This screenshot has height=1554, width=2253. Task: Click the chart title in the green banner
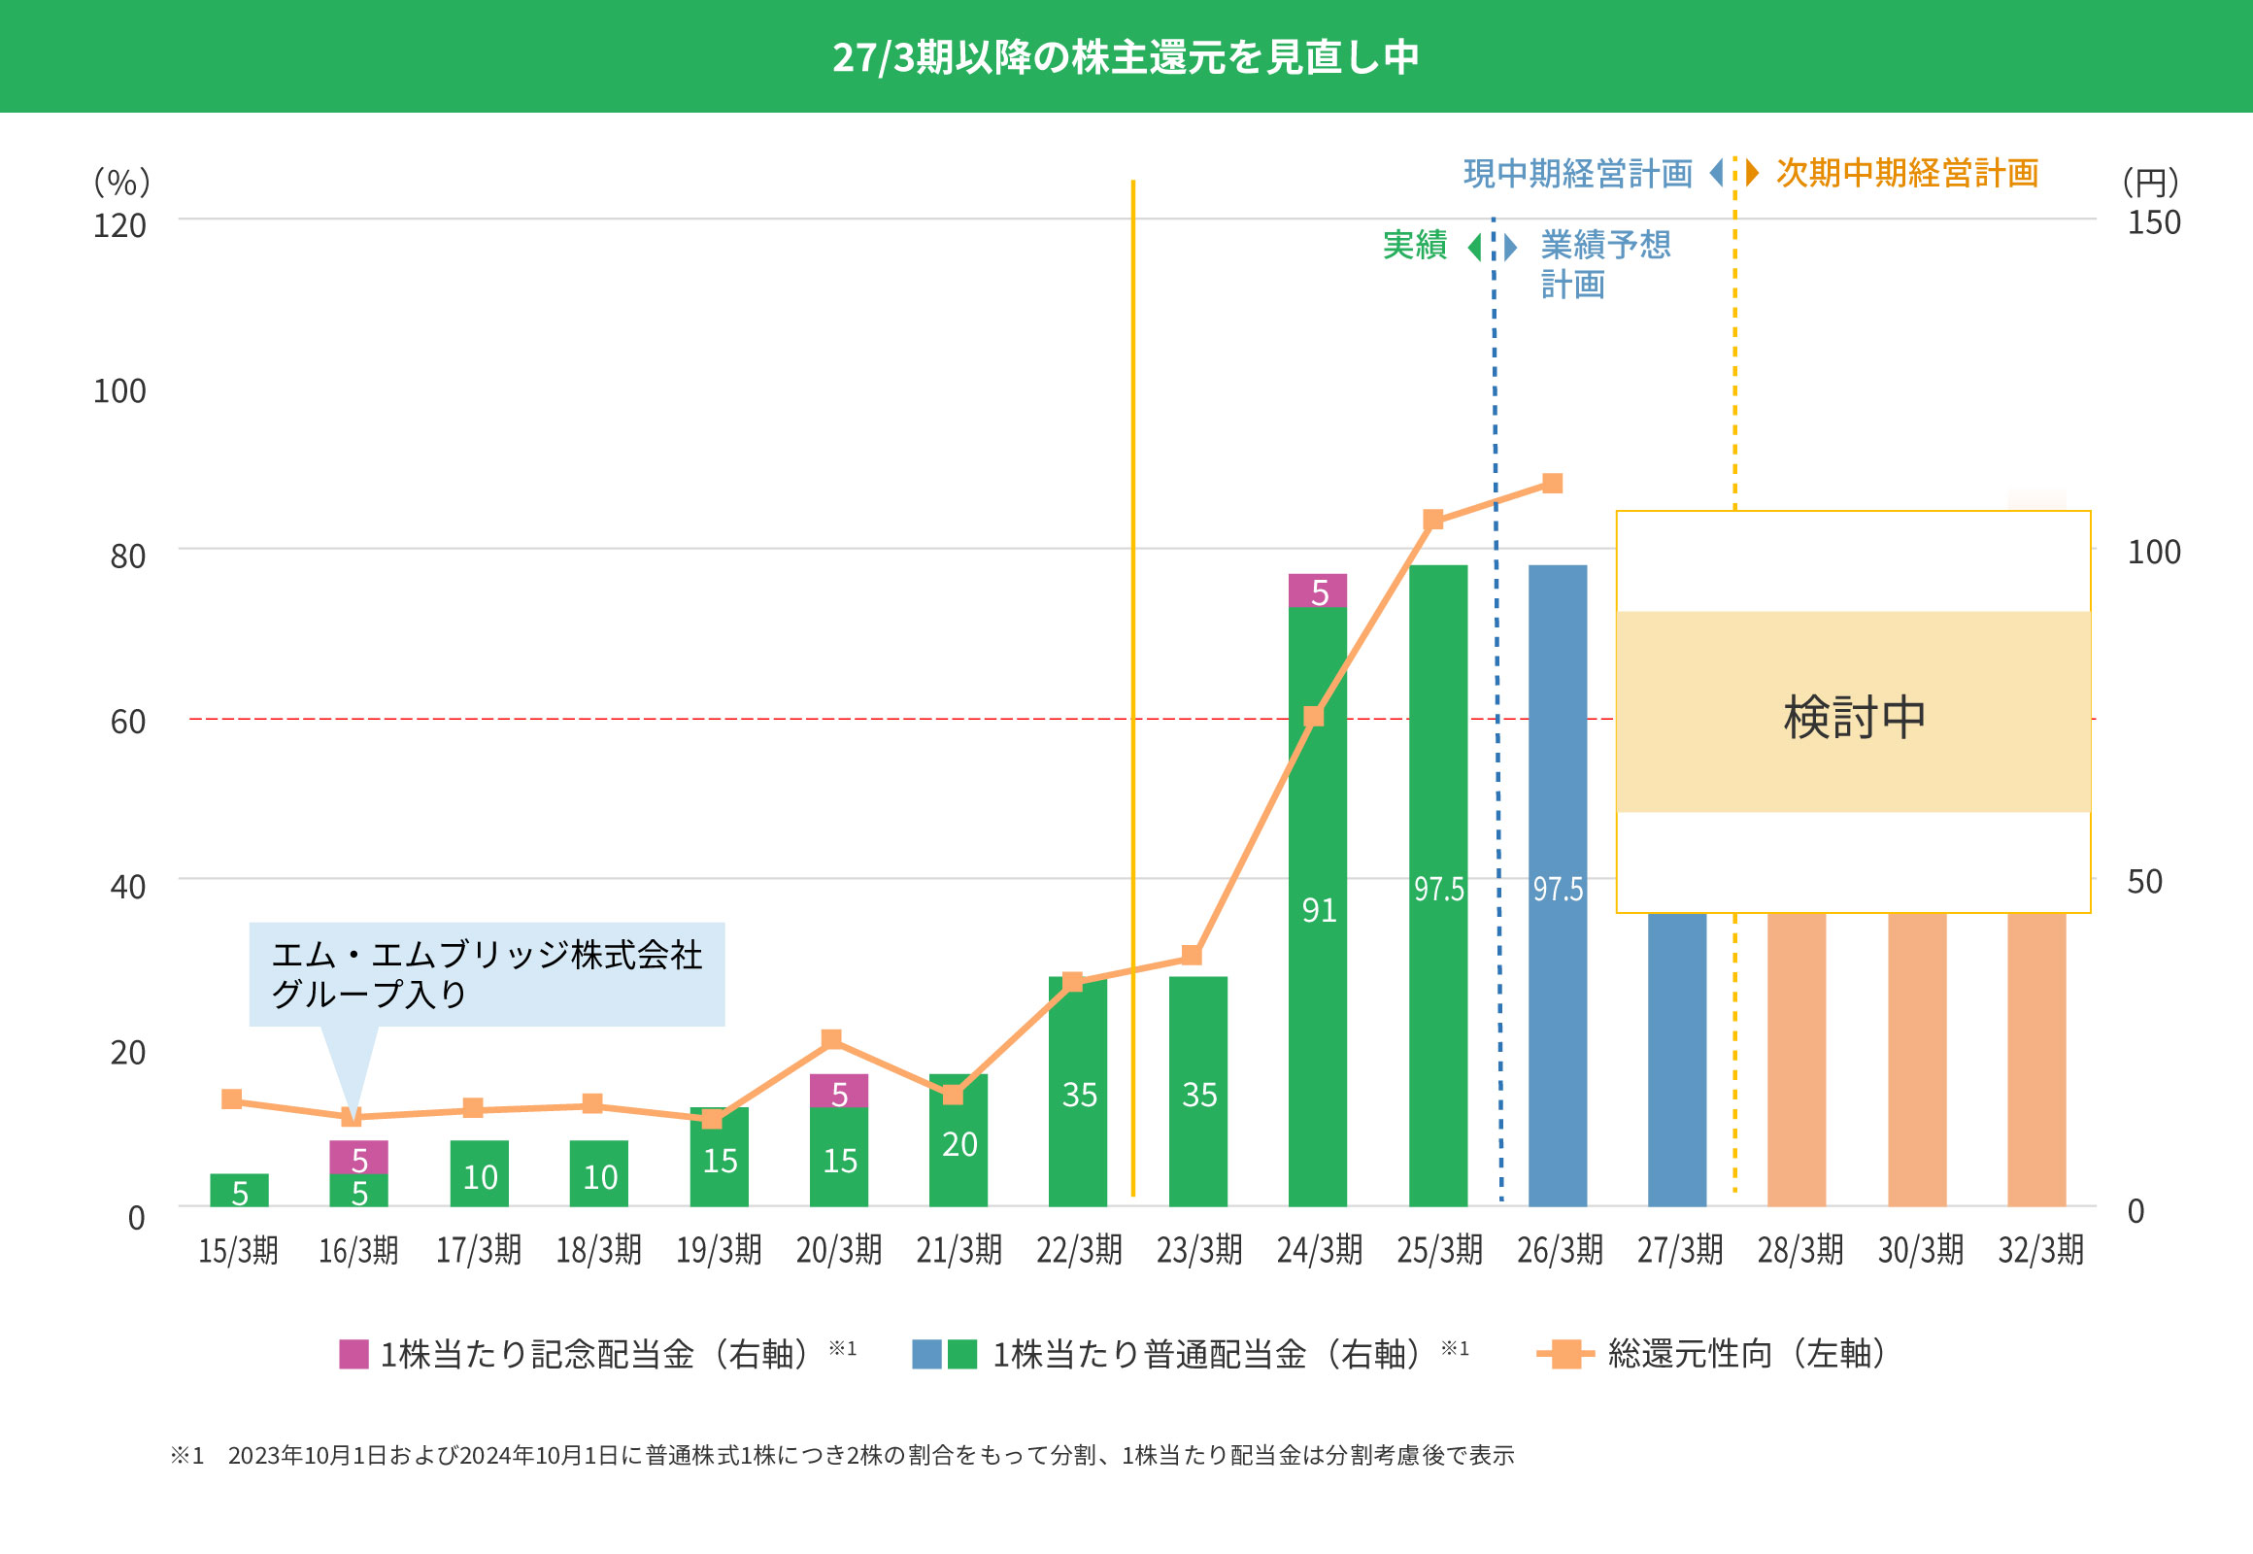point(1126,56)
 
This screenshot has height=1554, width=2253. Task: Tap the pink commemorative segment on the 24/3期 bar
point(1319,591)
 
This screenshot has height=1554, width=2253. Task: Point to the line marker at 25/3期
point(1433,520)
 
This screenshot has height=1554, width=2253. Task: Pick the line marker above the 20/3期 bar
point(831,1039)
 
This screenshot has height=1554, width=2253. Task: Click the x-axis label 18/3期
point(599,1250)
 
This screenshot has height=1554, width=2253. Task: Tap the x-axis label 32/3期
point(2040,1250)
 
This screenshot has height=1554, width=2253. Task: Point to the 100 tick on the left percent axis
point(119,391)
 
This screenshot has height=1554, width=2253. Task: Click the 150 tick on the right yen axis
point(2154,223)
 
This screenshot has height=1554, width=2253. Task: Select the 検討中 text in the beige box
point(1854,718)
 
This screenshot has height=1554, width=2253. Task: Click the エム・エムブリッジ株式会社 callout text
point(486,955)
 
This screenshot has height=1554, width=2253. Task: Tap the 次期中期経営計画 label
point(1906,173)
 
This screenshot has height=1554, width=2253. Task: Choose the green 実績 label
point(1415,246)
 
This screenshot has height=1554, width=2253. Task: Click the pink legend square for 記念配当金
point(353,1354)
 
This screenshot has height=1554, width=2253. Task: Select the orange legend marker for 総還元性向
point(1564,1354)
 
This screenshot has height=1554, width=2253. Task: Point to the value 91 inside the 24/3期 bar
point(1320,910)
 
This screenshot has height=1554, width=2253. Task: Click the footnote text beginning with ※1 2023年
point(842,1456)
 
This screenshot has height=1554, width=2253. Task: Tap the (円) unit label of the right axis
point(2150,181)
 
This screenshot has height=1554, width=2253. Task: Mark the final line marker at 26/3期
point(1552,484)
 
